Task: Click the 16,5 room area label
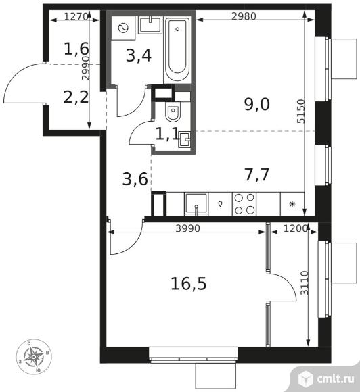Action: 189,284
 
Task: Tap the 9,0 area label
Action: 257,105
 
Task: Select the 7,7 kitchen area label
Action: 257,175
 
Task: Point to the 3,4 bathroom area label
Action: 139,55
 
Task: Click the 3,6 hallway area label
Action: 135,179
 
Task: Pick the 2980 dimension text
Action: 244,16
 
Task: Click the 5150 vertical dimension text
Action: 301,112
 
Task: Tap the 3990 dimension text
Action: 187,228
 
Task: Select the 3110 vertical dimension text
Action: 305,283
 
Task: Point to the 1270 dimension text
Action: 76,16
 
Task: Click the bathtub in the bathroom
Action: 177,50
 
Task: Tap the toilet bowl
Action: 173,112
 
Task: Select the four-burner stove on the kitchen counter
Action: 244,204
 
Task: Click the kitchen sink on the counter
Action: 196,204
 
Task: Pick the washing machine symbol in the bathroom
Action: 123,28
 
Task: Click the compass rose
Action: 34,356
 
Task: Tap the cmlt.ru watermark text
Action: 335,379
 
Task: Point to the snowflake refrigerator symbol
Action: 292,204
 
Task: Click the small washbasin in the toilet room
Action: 184,139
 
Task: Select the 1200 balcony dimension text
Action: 296,228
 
